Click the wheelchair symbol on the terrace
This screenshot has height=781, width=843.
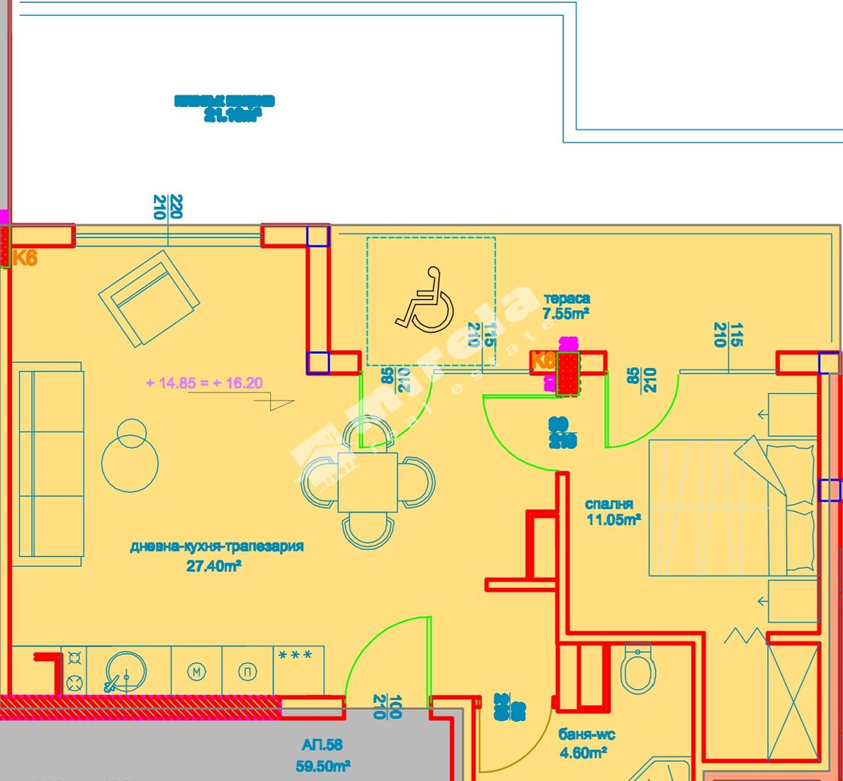click(425, 299)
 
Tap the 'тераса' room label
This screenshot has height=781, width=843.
click(567, 298)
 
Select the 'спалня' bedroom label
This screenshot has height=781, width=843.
click(609, 504)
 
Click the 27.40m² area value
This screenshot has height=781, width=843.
click(214, 566)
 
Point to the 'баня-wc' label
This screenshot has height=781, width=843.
click(586, 735)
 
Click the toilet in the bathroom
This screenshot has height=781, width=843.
click(638, 669)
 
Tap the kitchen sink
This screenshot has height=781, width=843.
click(126, 672)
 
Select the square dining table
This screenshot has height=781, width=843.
click(368, 482)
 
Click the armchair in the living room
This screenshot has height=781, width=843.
click(149, 298)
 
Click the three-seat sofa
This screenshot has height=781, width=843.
click(51, 464)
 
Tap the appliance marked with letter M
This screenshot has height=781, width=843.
click(196, 672)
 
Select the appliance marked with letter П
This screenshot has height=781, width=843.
click(248, 672)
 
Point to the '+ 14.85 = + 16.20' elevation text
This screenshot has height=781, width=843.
click(205, 383)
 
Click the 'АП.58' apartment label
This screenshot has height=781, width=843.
click(322, 745)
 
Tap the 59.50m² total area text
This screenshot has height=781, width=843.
click(323, 766)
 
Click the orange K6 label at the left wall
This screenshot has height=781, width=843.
click(25, 257)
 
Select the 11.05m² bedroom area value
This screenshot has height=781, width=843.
click(614, 520)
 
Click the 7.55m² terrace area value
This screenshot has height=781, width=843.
click(566, 314)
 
